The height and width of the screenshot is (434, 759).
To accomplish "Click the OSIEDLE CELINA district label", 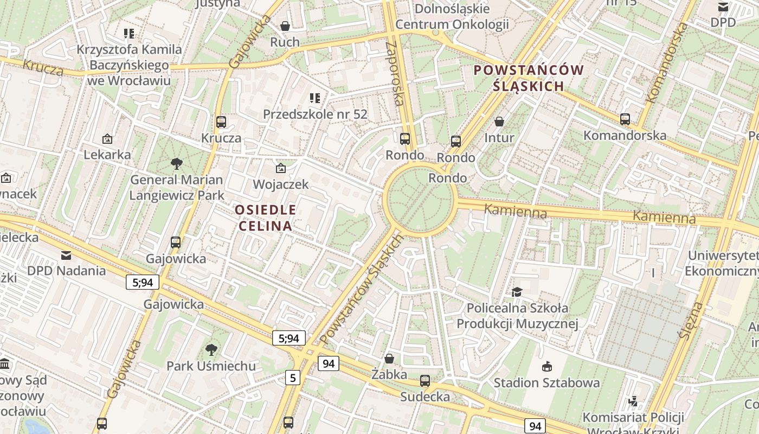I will coord(265,218).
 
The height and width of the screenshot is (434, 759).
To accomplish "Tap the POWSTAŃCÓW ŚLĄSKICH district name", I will coord(529,78).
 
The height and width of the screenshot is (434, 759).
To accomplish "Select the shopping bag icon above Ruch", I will coord(285,26).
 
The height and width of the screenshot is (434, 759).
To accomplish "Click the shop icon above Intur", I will coord(499,122).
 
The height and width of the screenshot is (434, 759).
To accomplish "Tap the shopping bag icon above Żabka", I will coord(389,359).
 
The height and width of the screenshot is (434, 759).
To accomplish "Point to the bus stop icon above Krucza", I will coord(221,122).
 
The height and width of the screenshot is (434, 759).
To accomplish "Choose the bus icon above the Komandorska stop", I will coord(625,119).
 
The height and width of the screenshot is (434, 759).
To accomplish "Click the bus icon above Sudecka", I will coord(424,381).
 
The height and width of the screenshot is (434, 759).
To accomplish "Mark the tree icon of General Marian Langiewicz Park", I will coord(176,163).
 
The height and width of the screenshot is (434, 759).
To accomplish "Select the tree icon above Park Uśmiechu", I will coord(211,350).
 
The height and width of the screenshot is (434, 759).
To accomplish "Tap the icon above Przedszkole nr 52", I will coord(315,98).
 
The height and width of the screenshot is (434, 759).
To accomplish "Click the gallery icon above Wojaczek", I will coord(281,168).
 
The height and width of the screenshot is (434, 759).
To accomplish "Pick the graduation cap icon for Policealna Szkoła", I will coord(517,292).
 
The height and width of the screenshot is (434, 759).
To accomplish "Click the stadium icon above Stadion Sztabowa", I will coord(546,367).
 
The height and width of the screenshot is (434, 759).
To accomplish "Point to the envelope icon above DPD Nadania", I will coord(66,255).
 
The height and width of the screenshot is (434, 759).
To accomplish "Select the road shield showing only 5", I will coord(293,378).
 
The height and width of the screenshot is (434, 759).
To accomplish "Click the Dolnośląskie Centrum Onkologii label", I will coord(452,16).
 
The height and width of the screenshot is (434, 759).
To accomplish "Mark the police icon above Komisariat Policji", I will coord(633,401).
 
